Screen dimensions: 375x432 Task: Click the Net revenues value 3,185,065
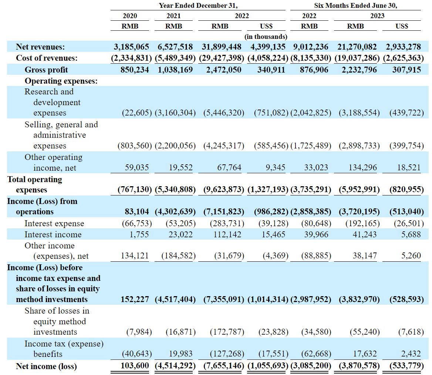[131, 47]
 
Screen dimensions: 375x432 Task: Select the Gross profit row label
[46, 70]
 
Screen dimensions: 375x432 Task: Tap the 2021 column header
[173, 16]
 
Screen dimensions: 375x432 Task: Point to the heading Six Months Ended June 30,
[355, 6]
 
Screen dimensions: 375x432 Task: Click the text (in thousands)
[266, 37]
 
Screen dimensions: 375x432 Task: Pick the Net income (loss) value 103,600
[135, 366]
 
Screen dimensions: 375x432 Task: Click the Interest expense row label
[54, 224]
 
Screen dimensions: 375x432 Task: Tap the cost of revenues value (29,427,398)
[222, 58]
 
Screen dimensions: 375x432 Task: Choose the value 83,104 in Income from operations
[137, 212]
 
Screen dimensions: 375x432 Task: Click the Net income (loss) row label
[46, 366]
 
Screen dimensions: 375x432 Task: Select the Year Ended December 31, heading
[198, 6]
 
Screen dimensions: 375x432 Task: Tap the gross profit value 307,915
[406, 70]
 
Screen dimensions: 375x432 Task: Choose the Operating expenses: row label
[61, 81]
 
